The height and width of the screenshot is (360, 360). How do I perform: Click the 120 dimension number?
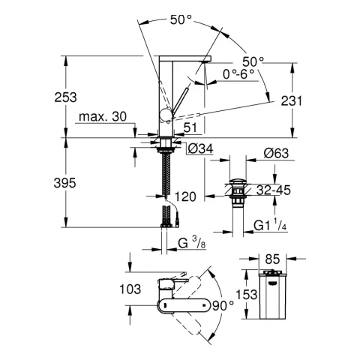pos(184,196)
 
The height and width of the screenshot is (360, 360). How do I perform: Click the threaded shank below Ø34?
pos(166,172)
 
